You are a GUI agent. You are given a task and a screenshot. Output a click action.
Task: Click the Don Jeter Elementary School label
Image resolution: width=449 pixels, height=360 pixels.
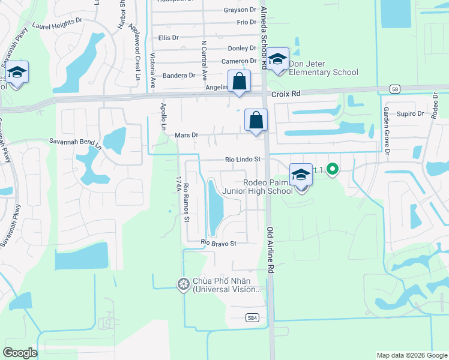[x=324, y=68]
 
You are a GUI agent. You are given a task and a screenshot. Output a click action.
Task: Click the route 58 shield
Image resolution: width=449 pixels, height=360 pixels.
[x=394, y=89]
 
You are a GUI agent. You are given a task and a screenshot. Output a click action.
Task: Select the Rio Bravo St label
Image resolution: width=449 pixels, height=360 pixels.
[x=219, y=243]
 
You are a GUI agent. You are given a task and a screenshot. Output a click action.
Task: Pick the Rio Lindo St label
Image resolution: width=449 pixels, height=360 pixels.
[x=243, y=160]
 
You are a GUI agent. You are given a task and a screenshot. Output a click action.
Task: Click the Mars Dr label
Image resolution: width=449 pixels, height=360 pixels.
[x=187, y=135]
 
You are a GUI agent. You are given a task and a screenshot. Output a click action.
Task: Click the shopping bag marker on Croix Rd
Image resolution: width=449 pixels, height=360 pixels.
[x=239, y=81]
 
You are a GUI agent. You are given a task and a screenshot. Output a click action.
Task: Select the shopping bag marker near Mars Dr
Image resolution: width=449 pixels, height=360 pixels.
[x=256, y=119]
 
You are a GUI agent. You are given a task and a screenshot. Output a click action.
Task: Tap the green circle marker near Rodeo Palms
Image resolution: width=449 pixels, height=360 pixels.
[x=331, y=170]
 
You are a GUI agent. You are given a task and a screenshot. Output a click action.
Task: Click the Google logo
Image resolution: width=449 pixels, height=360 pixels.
[x=20, y=353]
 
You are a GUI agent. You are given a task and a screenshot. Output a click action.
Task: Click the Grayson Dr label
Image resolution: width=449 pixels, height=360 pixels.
[x=240, y=10]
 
